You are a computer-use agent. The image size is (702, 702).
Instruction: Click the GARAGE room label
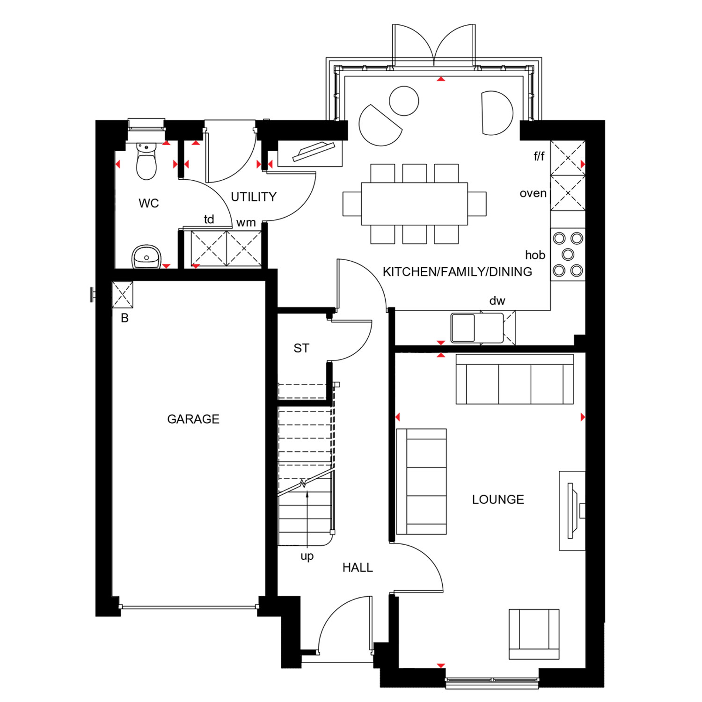[193, 419]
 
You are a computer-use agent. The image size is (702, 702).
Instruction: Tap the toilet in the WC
[146, 161]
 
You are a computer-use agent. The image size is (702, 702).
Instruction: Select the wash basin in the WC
[146, 256]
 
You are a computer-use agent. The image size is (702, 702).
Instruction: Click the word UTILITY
[254, 197]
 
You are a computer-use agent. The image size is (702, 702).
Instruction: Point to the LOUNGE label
[498, 499]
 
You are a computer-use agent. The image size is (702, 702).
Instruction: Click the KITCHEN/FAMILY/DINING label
[457, 272]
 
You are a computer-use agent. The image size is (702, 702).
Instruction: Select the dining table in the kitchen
[415, 204]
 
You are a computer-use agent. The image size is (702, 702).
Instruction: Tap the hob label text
[535, 255]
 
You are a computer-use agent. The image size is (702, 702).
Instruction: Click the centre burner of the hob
[568, 254]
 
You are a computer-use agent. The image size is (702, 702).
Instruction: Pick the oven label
[533, 193]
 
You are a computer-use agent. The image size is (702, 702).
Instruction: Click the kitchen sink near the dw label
[463, 328]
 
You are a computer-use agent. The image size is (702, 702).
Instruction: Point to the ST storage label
[301, 348]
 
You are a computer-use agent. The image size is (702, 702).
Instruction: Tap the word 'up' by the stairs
[307, 556]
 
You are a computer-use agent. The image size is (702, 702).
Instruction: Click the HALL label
[358, 568]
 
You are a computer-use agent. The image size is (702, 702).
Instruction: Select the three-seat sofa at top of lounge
[515, 379]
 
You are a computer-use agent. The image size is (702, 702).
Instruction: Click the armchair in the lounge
[534, 634]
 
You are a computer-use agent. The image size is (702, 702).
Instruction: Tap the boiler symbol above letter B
[123, 294]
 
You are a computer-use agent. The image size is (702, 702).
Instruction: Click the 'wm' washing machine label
[246, 223]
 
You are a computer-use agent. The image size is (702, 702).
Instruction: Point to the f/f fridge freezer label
[539, 156]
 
